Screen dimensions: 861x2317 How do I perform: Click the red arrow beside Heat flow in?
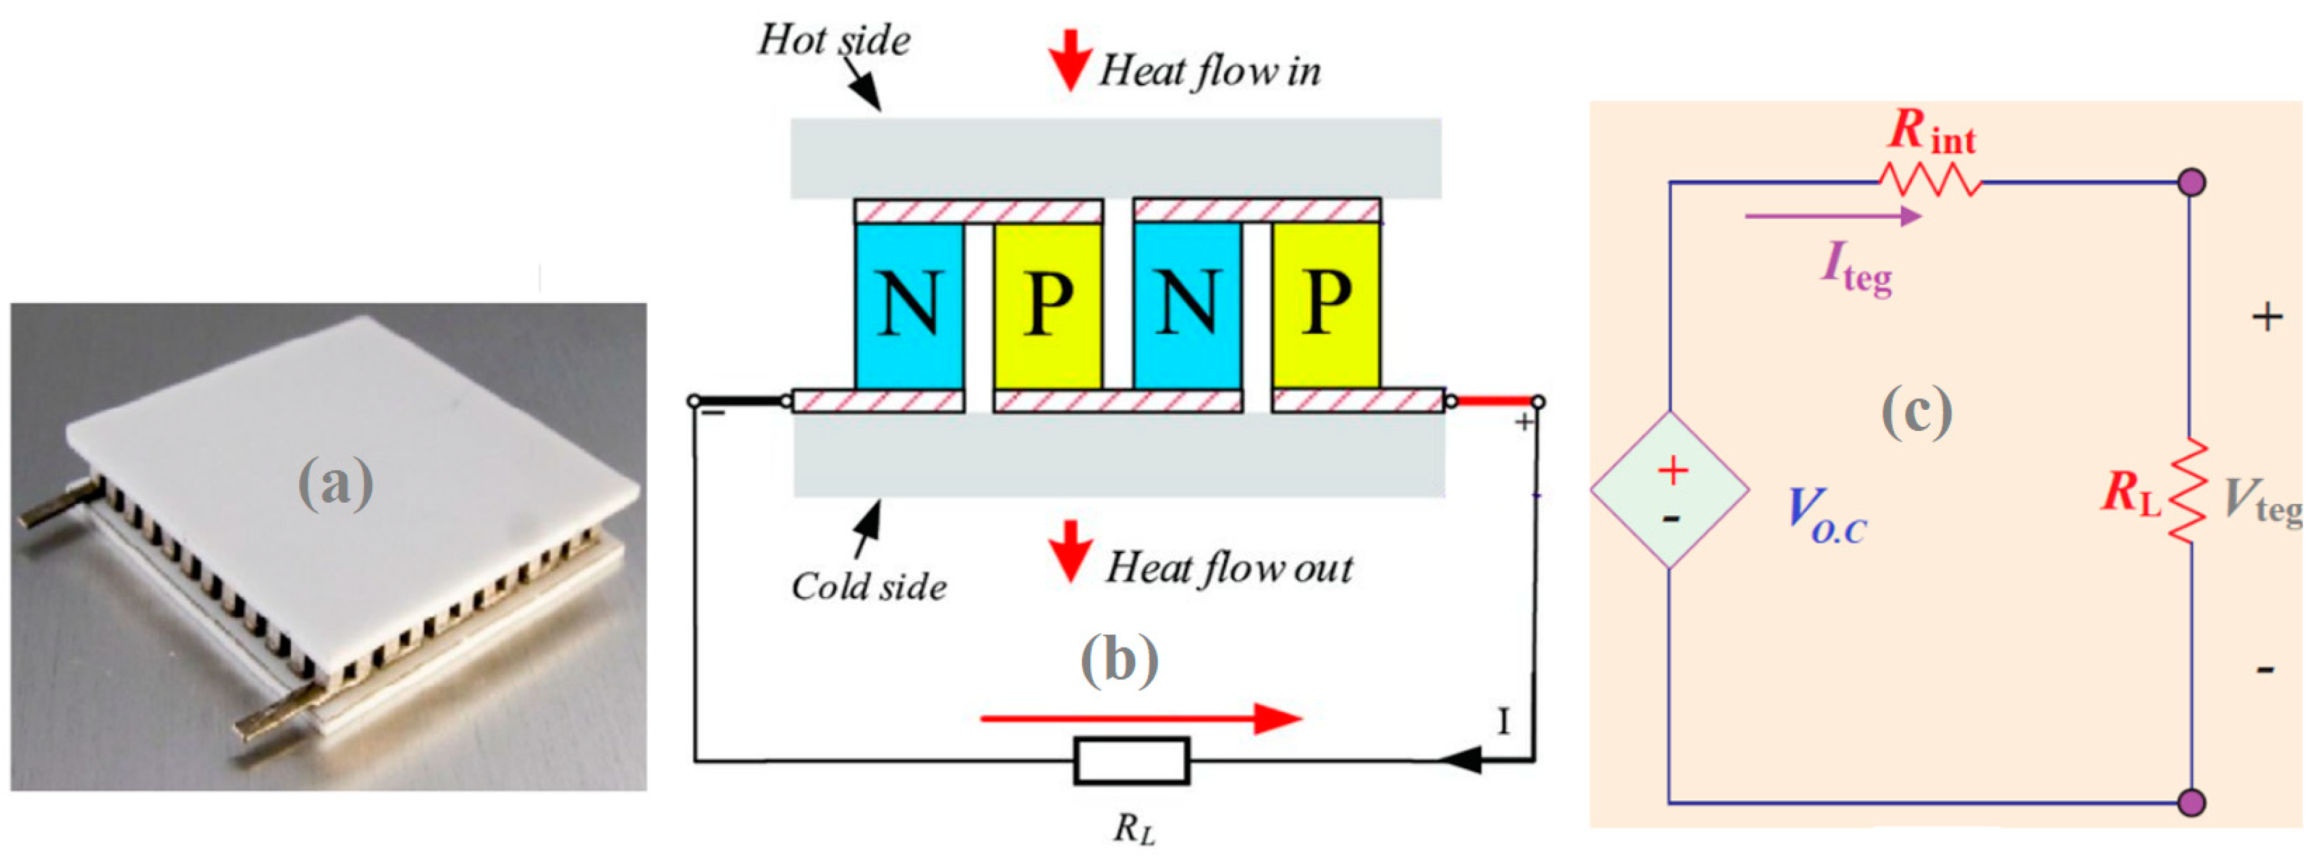[x=1069, y=59]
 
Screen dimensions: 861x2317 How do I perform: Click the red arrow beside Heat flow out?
[x=1069, y=549]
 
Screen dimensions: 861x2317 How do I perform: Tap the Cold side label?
[x=869, y=587]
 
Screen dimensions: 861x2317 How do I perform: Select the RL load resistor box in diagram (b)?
[x=1132, y=761]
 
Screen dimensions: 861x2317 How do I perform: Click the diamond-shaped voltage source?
[x=1669, y=490]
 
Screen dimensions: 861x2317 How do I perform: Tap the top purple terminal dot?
[x=2192, y=182]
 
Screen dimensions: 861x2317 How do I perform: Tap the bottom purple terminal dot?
[x=2192, y=802]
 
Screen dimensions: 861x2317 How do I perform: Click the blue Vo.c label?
[x=1826, y=515]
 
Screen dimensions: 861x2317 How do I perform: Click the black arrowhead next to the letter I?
[x=1461, y=760]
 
